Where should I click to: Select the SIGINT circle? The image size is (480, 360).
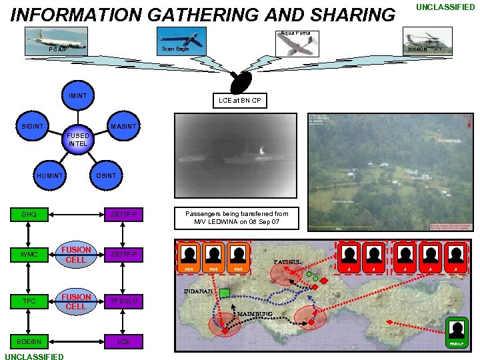(x=32, y=126)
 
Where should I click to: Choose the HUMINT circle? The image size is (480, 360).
(x=50, y=176)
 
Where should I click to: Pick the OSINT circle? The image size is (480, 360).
(x=106, y=176)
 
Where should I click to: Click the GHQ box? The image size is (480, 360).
(x=29, y=215)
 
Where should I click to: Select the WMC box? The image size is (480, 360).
(x=29, y=255)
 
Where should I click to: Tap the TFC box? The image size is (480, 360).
(x=29, y=301)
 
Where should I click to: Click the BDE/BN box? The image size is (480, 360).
(x=29, y=341)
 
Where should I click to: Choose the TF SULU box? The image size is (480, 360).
(x=124, y=301)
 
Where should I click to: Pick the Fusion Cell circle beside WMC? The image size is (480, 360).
(x=76, y=255)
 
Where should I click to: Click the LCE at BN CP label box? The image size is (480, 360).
(x=239, y=101)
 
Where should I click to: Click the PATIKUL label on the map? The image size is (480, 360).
(x=287, y=262)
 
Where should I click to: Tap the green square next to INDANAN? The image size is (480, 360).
(x=224, y=293)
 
